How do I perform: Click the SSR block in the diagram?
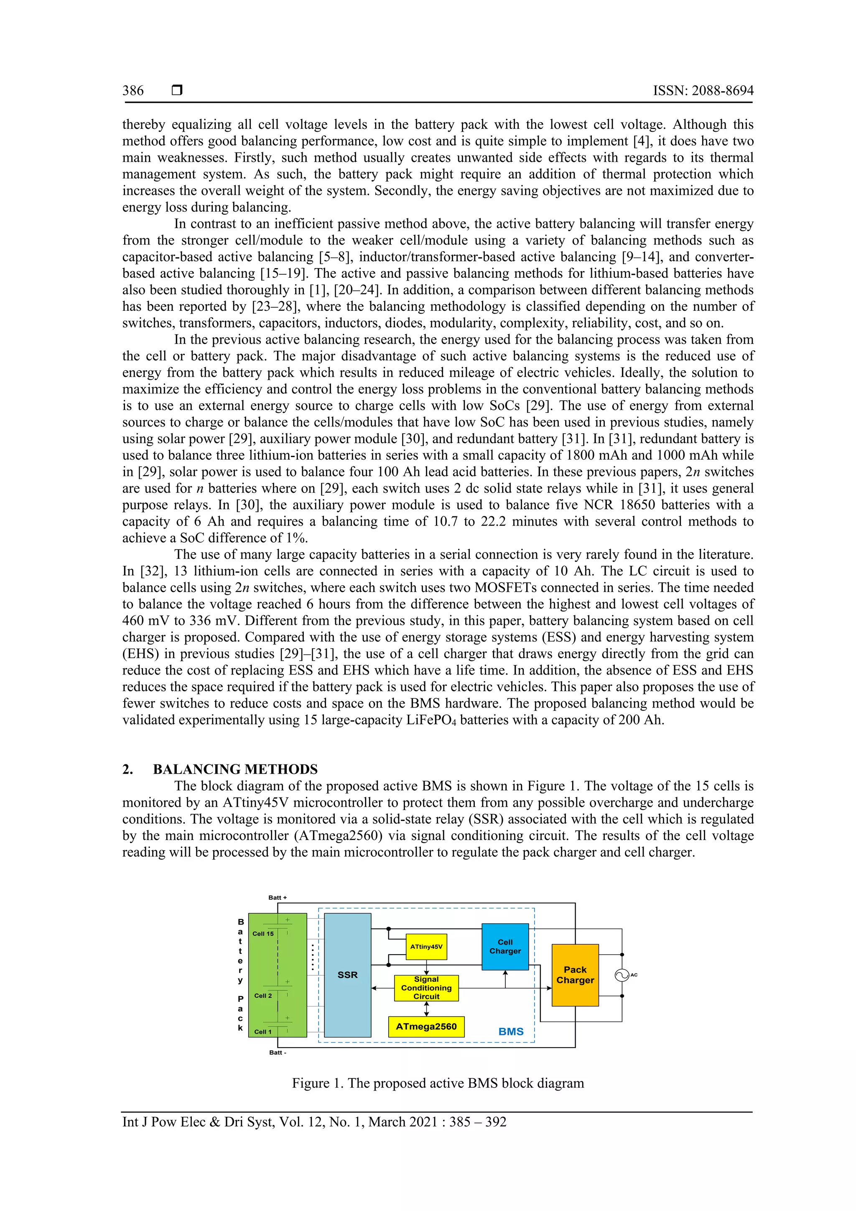pos(347,975)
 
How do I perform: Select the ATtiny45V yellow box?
pos(426,947)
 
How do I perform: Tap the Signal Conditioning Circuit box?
pos(426,988)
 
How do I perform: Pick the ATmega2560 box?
pos(426,1027)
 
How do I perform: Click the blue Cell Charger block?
pos(505,947)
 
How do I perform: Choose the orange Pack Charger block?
pos(575,975)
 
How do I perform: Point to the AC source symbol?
pos(622,975)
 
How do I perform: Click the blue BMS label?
pos(511,1032)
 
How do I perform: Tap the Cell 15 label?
pos(263,934)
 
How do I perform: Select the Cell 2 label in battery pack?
pos(263,996)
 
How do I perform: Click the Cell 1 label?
pos(263,1032)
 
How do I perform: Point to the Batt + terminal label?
pos(278,897)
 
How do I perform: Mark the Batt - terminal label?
pos(278,1052)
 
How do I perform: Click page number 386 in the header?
pos(133,91)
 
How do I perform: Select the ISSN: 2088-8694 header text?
pos(703,91)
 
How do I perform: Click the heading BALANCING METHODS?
pos(235,769)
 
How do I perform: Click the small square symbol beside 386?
pos(177,90)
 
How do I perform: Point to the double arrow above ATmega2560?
pos(426,1009)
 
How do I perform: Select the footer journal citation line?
pos(314,1122)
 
